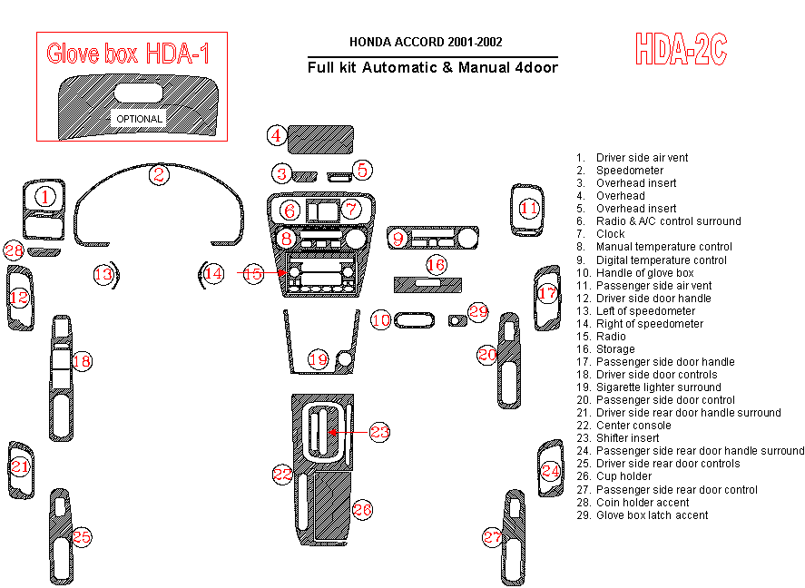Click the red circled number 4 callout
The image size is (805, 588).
(x=277, y=136)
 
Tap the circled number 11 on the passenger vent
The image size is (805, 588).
(x=529, y=209)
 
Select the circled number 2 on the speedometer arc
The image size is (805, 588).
(x=159, y=175)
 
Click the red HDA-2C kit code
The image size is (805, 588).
(x=681, y=50)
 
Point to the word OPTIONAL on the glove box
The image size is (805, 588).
(x=139, y=119)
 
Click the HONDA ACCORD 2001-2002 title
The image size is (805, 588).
(x=426, y=42)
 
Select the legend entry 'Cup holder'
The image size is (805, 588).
(x=623, y=476)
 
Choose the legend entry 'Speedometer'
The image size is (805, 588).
(x=629, y=171)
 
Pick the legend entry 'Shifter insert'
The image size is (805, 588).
(x=627, y=438)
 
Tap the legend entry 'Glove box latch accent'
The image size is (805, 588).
(x=652, y=515)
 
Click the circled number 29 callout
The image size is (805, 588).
(x=478, y=311)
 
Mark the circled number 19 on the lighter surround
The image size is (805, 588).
(x=317, y=359)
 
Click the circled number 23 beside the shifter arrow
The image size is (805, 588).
(x=379, y=432)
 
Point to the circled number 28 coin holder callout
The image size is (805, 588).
(x=13, y=250)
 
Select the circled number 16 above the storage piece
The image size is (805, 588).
(x=437, y=264)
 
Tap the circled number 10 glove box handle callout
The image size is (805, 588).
(x=381, y=319)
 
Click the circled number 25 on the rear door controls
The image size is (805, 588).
(x=81, y=536)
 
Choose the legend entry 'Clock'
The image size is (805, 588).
(x=610, y=234)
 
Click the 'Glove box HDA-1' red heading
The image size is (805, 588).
(x=128, y=54)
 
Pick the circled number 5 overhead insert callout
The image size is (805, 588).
(x=361, y=169)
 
